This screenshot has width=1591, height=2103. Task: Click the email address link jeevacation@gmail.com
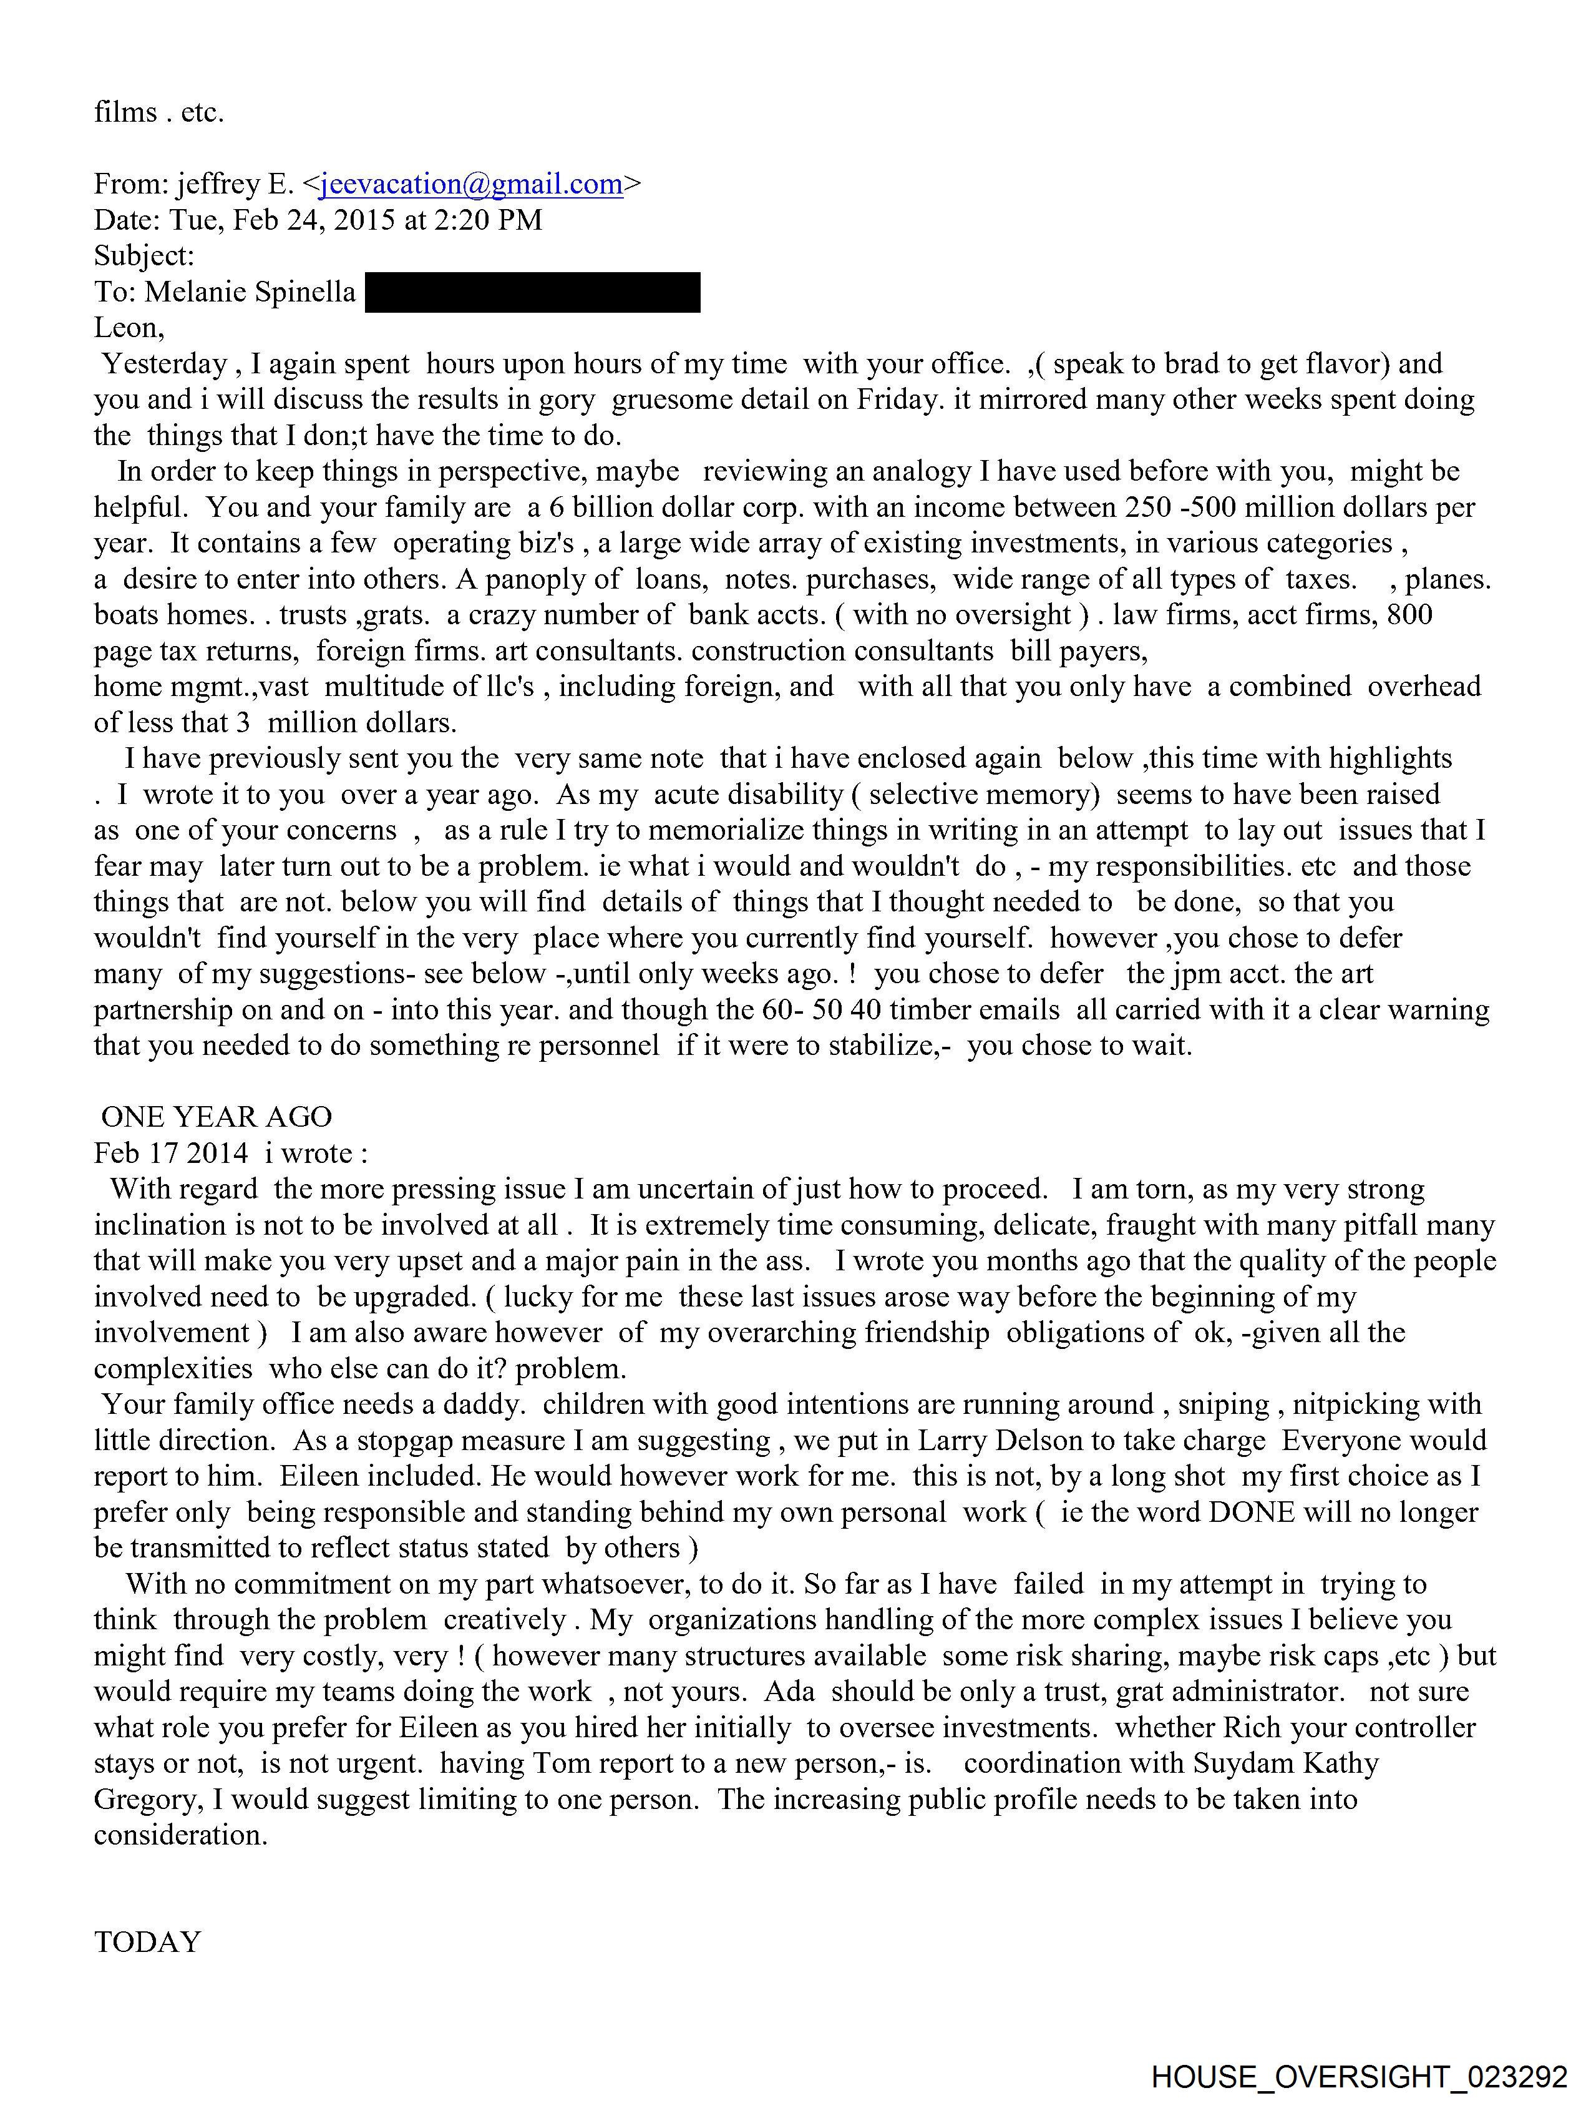[x=472, y=184]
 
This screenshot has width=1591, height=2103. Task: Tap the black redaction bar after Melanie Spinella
[x=532, y=293]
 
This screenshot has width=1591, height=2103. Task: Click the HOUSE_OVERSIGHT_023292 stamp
[x=1359, y=2076]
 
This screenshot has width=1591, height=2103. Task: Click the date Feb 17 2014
[x=171, y=1153]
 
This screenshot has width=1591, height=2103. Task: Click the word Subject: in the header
[x=144, y=256]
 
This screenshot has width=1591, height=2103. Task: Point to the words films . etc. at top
[x=158, y=112]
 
